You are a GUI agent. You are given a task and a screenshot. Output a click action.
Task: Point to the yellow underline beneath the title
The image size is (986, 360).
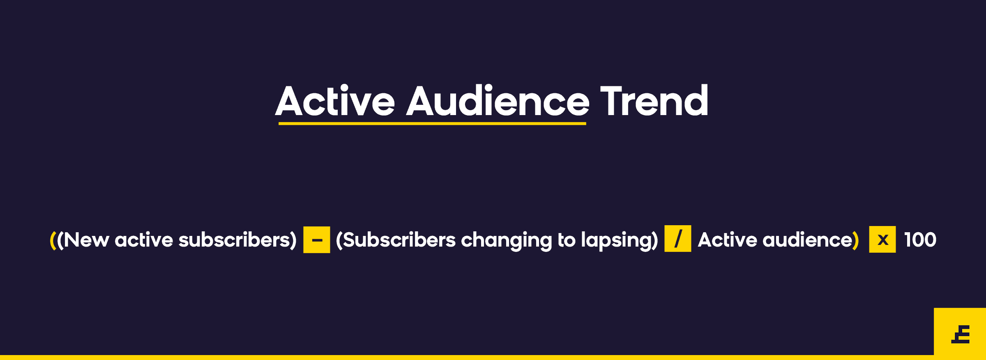click(x=432, y=123)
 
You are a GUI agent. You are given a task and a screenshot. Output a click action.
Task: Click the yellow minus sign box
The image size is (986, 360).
click(x=316, y=240)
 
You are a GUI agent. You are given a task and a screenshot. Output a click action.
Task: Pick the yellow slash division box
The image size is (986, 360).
click(x=677, y=238)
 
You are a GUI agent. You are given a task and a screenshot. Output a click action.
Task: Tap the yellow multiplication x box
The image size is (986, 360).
click(x=882, y=239)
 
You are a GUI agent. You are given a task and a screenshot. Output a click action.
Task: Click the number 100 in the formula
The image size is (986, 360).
click(x=920, y=240)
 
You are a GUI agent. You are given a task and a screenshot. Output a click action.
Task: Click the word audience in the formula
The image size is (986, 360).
click(x=807, y=240)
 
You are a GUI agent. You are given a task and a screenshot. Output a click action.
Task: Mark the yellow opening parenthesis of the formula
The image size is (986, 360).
click(x=53, y=240)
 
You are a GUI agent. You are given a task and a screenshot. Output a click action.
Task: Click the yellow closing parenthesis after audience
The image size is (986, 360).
click(x=856, y=240)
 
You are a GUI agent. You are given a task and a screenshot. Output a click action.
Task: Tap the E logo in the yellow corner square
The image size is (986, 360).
click(x=961, y=334)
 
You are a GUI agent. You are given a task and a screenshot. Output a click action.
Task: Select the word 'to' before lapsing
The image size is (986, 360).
click(x=567, y=240)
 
